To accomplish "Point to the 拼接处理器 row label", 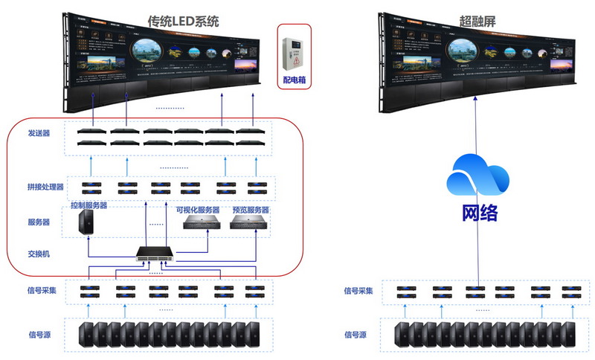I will [x=45, y=187].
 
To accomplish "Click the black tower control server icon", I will [x=88, y=222].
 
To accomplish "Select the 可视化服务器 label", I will [x=201, y=210].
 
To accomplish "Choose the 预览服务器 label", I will [x=249, y=210].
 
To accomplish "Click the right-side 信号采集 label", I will [x=361, y=289].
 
